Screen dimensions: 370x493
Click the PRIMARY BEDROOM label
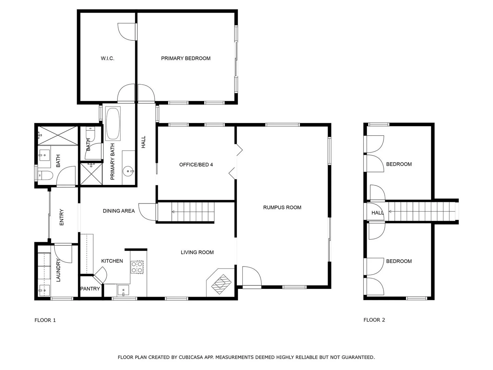pos(186,59)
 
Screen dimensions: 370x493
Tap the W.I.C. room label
pos(108,59)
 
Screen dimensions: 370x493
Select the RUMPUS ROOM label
pos(282,207)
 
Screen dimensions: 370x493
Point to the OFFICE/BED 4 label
pos(196,165)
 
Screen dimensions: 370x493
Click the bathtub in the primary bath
pos(113,124)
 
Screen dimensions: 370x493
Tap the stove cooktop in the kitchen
pos(137,267)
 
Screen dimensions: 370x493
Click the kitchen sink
pos(123,290)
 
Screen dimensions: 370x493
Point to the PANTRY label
pos(90,289)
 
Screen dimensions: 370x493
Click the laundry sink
pos(44,291)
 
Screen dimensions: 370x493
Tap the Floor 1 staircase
pos(192,212)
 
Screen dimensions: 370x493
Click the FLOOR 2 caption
pos(374,320)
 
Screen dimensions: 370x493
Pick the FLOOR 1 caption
pos(45,320)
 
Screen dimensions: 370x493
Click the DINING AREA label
pos(119,211)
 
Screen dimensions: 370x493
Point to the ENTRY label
pos(62,217)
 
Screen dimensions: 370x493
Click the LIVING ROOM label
pos(197,252)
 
